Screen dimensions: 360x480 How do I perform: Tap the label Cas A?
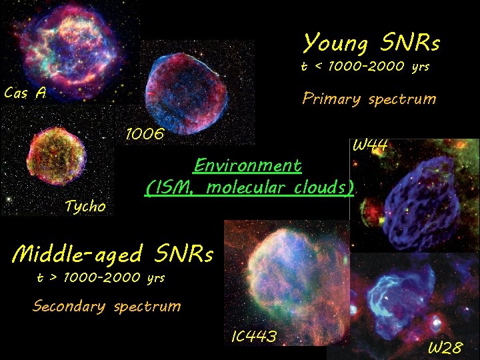point(25,93)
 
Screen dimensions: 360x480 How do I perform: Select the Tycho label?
point(85,207)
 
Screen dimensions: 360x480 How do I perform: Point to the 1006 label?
point(145,134)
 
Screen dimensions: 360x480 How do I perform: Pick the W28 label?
point(444,348)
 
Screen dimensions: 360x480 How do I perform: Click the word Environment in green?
point(247,165)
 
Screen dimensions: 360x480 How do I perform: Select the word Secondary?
point(69,307)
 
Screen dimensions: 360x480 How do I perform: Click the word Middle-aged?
point(78,254)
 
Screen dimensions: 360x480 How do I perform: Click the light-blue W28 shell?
point(393,294)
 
